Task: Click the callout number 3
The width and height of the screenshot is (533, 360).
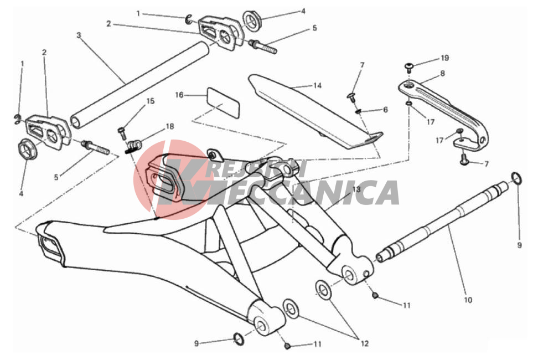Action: click(x=79, y=35)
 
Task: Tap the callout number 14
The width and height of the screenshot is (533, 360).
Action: click(x=317, y=85)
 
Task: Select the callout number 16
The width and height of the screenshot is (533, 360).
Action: click(x=179, y=95)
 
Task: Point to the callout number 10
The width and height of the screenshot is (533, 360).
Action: click(x=468, y=300)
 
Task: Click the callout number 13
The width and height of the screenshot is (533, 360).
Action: click(x=356, y=189)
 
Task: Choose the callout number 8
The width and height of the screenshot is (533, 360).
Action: click(x=442, y=73)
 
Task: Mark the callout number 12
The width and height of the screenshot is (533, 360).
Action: click(x=365, y=344)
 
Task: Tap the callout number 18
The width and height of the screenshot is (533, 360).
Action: click(x=169, y=126)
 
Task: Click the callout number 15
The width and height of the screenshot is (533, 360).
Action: click(x=150, y=101)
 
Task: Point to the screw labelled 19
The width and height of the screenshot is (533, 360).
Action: click(x=408, y=67)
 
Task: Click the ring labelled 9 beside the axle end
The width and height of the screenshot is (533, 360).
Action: click(x=516, y=178)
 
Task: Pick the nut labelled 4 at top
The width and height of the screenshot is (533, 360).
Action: click(x=251, y=20)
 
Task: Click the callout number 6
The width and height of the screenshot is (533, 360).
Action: click(x=385, y=110)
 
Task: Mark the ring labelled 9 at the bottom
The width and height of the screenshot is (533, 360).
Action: click(x=239, y=340)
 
